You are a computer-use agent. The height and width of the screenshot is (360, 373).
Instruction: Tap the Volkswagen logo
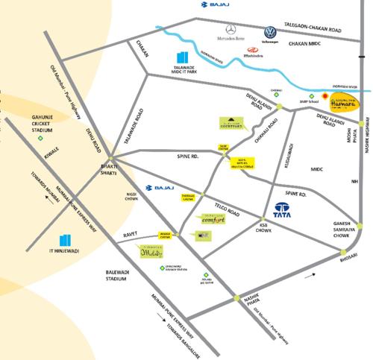point(269,33)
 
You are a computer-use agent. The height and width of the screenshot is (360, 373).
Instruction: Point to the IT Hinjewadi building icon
point(66,241)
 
